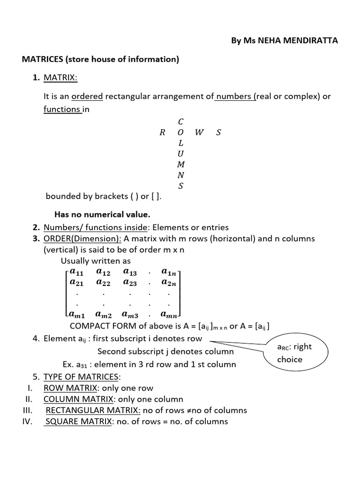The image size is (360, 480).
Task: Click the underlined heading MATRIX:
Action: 60,77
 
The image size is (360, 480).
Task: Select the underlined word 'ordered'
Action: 87,97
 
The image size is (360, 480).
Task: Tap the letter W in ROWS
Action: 199,132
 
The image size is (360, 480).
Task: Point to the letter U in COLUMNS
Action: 181,154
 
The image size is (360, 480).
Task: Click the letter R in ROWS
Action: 162,132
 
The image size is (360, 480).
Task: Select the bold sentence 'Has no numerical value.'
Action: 102,215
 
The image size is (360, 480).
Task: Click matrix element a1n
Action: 169,271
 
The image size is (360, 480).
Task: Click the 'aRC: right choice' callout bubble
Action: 296,352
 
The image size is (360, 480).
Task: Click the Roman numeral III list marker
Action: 26,410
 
